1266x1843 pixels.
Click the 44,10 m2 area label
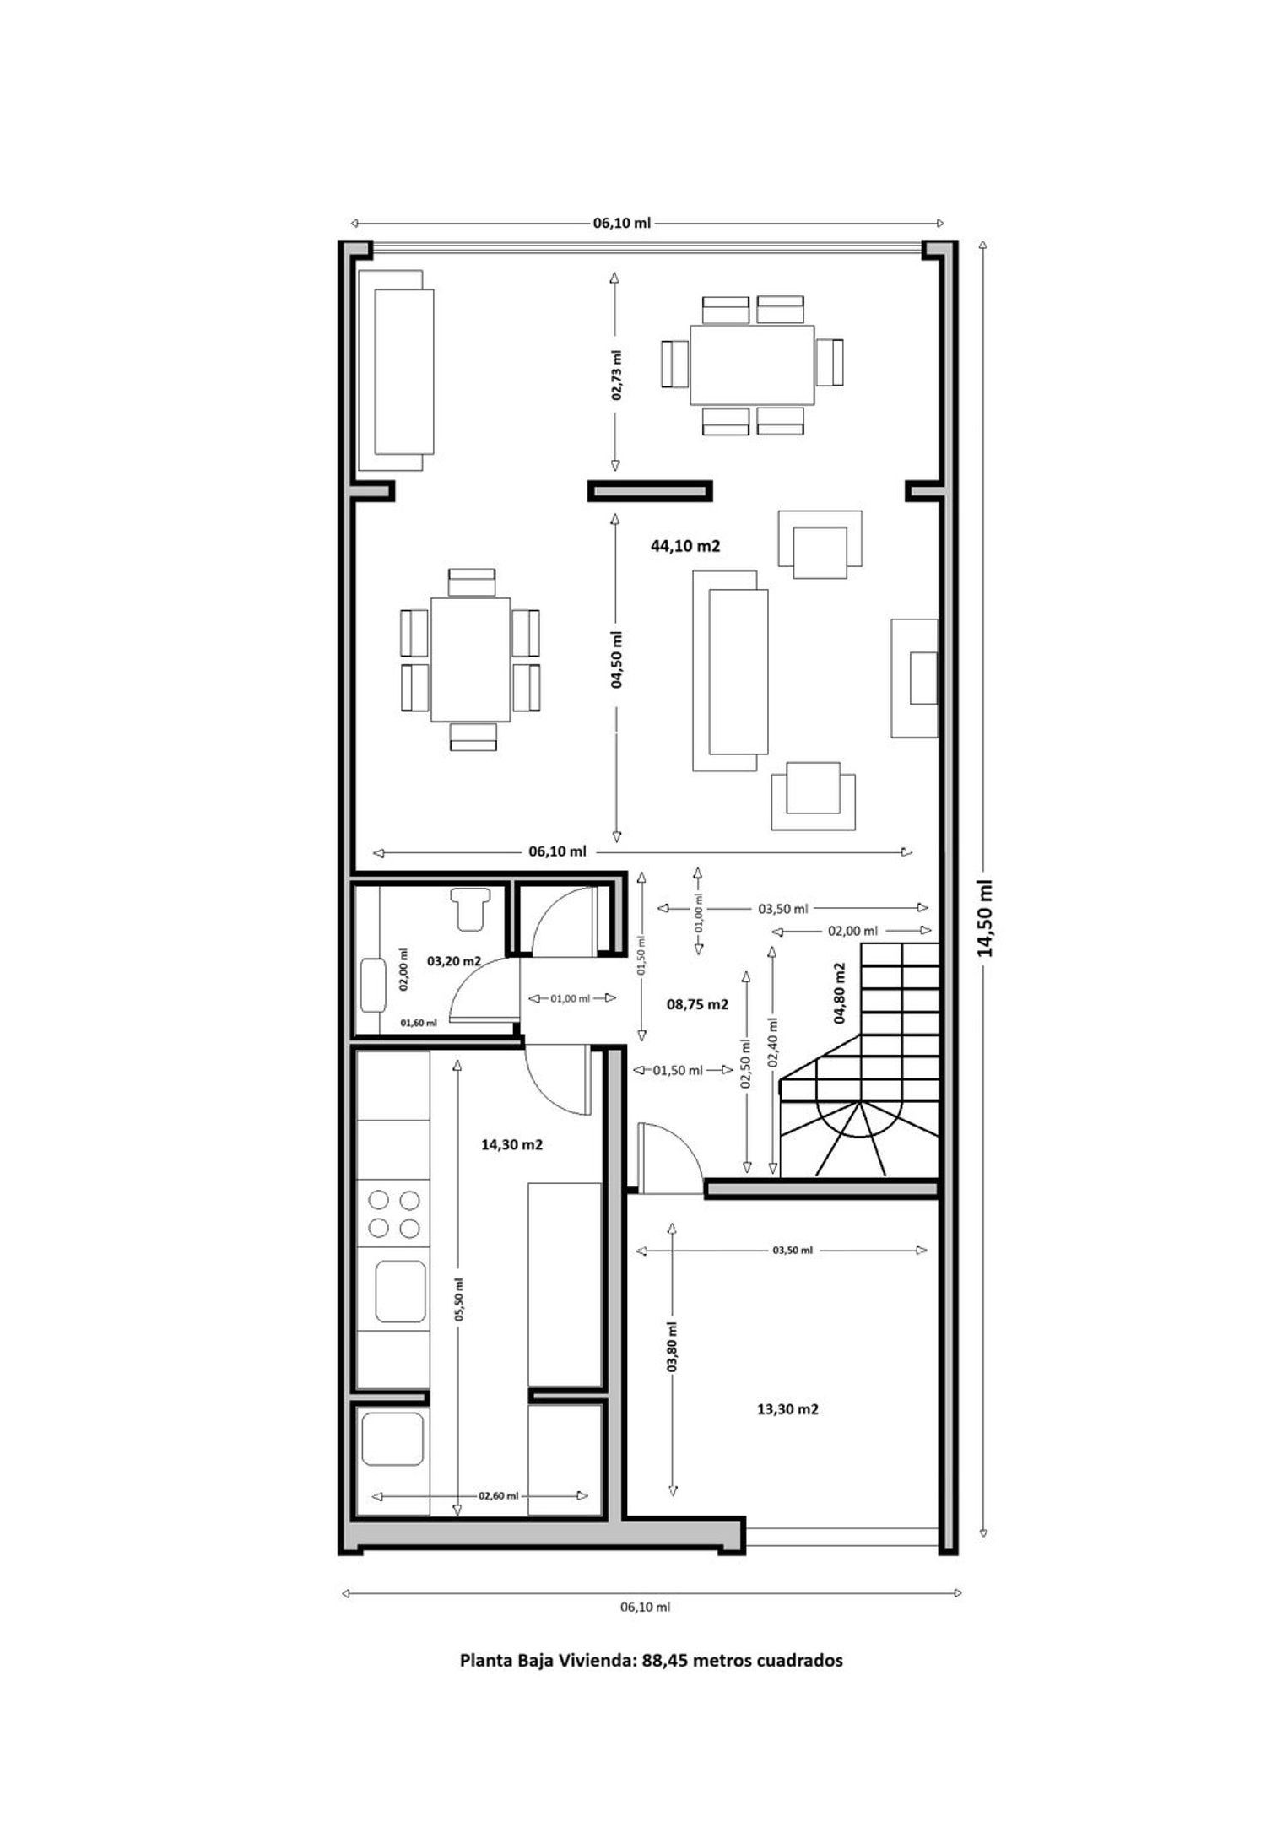tap(684, 546)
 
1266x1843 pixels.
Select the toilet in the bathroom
tap(469, 908)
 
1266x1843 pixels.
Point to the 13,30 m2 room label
tap(787, 1408)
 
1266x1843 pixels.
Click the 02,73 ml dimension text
tap(617, 375)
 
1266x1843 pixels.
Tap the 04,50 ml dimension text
tap(617, 660)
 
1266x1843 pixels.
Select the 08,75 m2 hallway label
tap(697, 1004)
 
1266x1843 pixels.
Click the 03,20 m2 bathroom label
tap(454, 961)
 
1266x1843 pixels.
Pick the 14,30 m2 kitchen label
tap(511, 1145)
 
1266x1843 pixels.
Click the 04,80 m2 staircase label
tap(840, 993)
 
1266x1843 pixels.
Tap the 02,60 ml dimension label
tap(498, 1496)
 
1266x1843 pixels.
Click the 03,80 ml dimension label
tap(672, 1347)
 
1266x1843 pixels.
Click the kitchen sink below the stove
tap(400, 1291)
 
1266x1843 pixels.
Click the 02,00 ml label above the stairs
tap(852, 931)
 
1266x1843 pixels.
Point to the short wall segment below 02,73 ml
tap(650, 490)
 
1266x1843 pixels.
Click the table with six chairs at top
tap(752, 365)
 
